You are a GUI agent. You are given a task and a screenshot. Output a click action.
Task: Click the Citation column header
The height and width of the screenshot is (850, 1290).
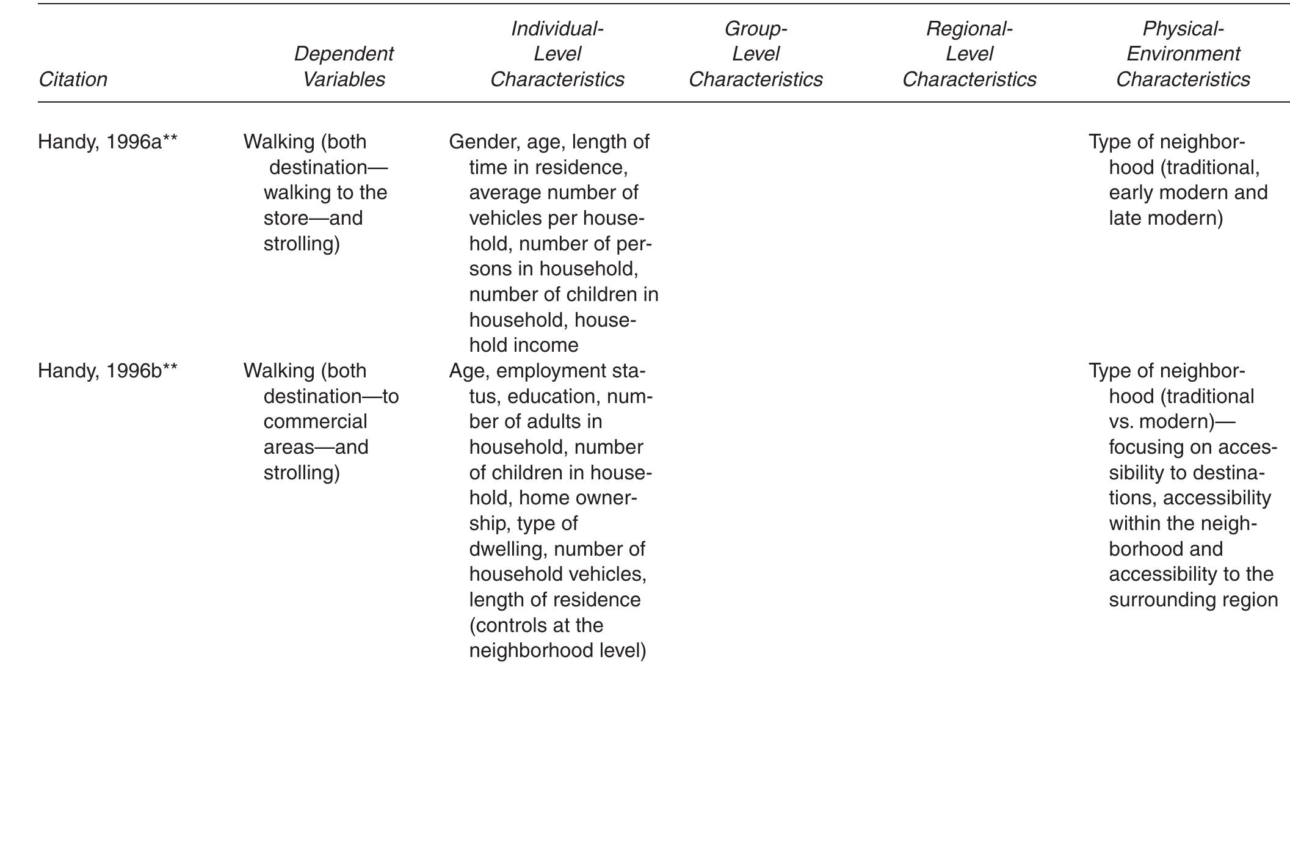(73, 79)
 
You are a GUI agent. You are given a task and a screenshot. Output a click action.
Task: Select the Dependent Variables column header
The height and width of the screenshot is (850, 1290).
(344, 67)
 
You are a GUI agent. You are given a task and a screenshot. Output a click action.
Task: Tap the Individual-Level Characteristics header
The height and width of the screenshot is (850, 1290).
(557, 54)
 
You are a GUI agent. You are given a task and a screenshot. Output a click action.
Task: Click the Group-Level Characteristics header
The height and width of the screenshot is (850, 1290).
(755, 54)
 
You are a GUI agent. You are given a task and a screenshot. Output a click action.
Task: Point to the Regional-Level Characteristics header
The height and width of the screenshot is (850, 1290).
(969, 54)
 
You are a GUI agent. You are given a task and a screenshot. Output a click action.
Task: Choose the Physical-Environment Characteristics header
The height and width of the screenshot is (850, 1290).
(1183, 54)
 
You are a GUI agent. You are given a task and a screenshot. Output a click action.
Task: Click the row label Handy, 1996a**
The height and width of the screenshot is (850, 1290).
(107, 142)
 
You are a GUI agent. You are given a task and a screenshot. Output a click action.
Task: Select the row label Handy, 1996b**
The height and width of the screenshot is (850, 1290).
(107, 371)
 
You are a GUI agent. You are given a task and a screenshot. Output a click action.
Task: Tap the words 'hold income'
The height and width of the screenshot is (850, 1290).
(523, 345)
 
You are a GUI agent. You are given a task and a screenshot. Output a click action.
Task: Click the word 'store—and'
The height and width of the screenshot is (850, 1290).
(313, 218)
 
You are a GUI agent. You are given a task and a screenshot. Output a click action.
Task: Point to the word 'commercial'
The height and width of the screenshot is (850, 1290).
(315, 421)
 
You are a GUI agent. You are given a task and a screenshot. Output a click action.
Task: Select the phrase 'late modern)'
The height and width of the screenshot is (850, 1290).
(1165, 218)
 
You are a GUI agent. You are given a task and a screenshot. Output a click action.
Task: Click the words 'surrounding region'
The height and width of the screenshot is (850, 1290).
(1193, 600)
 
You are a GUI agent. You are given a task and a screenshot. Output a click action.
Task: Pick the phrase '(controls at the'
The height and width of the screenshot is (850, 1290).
(535, 625)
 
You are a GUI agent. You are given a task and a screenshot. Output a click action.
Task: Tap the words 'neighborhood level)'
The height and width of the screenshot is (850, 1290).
(557, 650)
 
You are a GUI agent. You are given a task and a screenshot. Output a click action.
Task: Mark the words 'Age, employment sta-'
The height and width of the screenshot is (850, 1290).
(547, 371)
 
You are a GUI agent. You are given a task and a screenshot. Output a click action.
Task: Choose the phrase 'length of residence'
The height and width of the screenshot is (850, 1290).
(554, 600)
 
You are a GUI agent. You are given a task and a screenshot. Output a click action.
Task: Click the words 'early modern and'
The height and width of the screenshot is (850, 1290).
(1187, 192)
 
